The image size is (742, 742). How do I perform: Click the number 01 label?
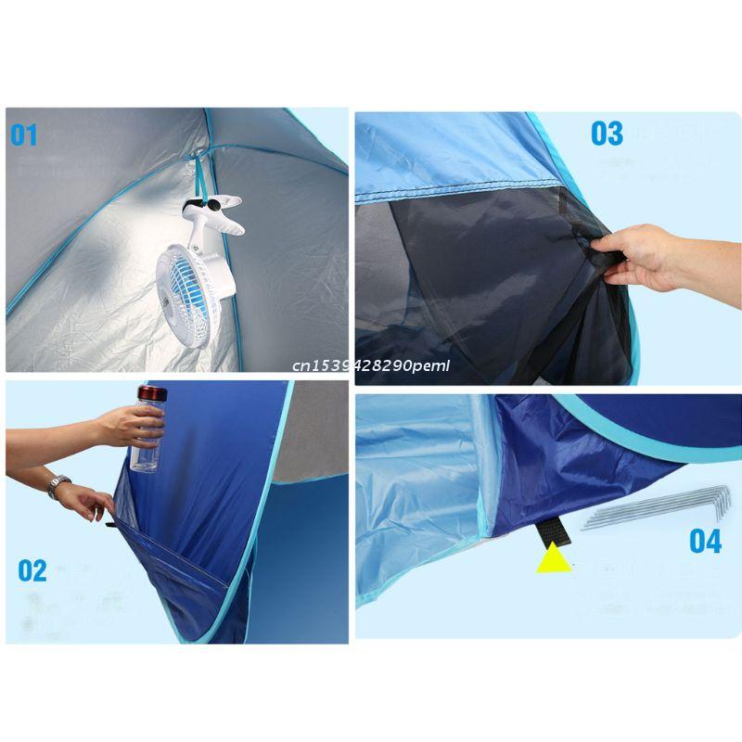pyautogui.click(x=24, y=135)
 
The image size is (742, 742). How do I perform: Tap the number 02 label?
pyautogui.click(x=32, y=569)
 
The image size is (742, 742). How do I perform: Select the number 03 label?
pyautogui.click(x=608, y=133)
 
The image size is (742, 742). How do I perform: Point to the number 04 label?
pyautogui.click(x=705, y=541)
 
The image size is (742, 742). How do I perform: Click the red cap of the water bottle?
pyautogui.click(x=150, y=393)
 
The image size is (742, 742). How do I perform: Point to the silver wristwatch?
pyautogui.click(x=59, y=485)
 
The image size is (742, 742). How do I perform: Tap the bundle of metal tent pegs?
pyautogui.click(x=654, y=507)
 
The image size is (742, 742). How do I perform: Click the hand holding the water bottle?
pyautogui.click(x=130, y=424)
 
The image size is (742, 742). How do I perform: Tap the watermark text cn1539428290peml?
pyautogui.click(x=369, y=365)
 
